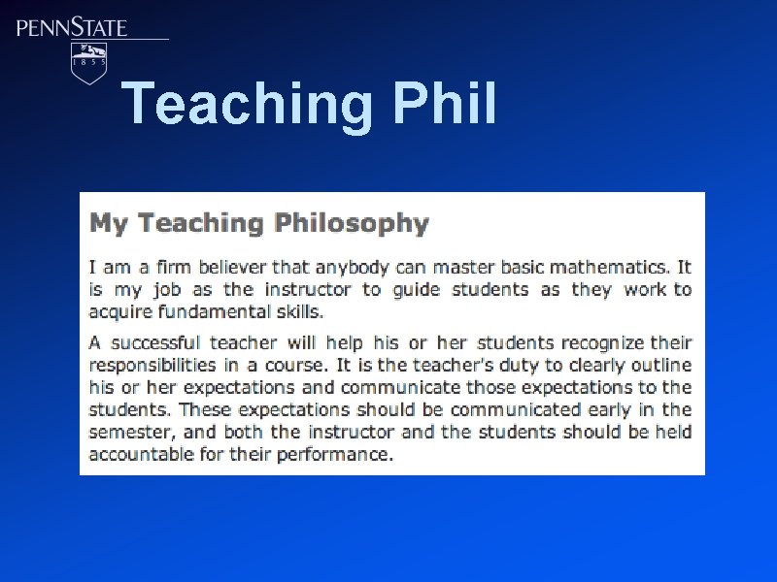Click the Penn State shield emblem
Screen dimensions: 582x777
tap(90, 62)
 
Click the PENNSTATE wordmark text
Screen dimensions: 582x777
tap(72, 27)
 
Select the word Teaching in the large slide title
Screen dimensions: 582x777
tap(249, 104)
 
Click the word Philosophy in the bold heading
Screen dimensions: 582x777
tap(352, 223)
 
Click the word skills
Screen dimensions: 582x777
tap(296, 311)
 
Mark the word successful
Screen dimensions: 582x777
tap(154, 342)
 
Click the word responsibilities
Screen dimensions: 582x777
tap(152, 365)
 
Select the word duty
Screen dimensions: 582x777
tap(506, 365)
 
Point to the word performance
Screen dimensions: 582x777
tap(335, 454)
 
